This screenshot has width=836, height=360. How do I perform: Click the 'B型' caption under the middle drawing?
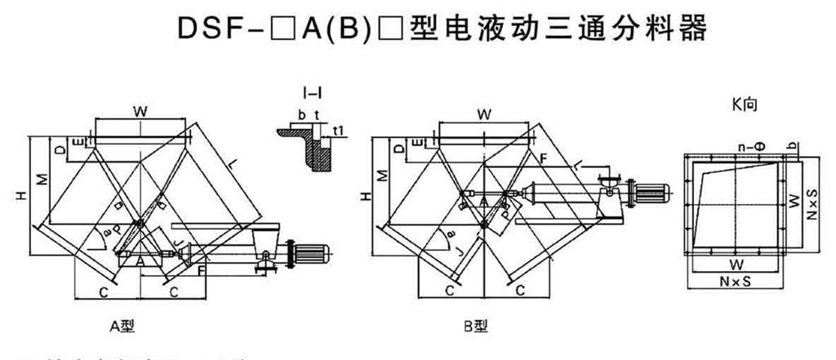pos(477,327)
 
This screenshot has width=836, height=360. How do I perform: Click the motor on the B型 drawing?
pos(651,193)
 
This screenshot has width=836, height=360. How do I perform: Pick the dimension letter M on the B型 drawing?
pos(381,178)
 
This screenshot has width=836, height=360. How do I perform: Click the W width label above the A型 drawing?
pos(140,109)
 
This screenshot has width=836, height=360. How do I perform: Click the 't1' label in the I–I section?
pos(338,130)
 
